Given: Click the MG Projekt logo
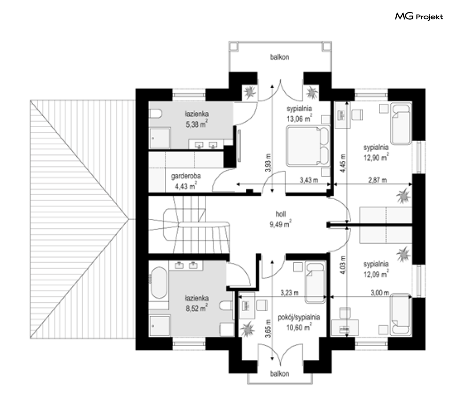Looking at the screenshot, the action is coord(419,17).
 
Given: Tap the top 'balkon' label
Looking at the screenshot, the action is coord(279,57).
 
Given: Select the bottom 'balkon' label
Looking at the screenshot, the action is coord(279,374).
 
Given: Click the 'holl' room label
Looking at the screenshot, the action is coord(281,214).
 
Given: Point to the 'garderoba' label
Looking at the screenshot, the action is coord(186,176).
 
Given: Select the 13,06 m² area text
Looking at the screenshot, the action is coord(299,118).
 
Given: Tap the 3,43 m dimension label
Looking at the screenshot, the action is coord(309,180).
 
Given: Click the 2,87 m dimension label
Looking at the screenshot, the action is coord(377,180).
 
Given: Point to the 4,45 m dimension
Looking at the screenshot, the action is coord(343,163).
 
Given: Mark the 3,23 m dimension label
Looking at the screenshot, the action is coord(290,293).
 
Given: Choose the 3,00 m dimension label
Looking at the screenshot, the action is coord(380,293).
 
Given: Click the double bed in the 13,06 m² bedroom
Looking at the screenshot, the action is coord(308,146).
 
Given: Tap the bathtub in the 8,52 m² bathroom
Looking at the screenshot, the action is coord(159,282).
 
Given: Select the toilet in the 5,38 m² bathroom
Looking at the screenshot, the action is coord(156,113).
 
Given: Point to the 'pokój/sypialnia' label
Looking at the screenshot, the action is coord(299,318).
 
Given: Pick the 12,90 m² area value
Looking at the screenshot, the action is coord(376,158).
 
